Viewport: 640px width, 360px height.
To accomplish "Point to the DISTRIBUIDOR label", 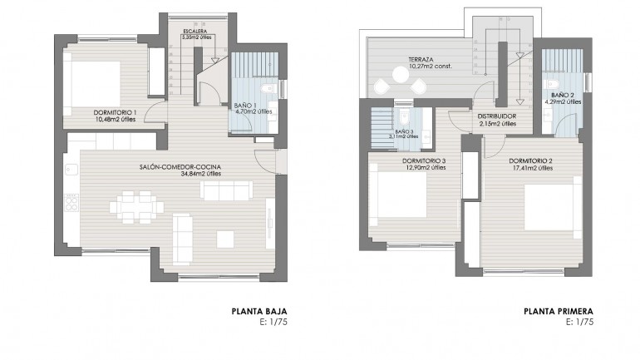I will pyautogui.click(x=497, y=116).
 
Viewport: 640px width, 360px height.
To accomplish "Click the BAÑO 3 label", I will pyautogui.click(x=404, y=131).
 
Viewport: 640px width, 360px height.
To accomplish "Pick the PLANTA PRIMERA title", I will pyautogui.click(x=558, y=312).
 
